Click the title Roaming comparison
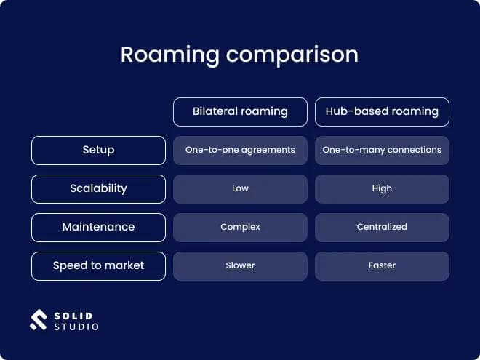point(239,55)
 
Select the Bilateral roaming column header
point(240,111)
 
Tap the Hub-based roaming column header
point(382,111)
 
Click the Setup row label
point(98,150)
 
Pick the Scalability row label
point(98,188)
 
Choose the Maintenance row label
point(98,227)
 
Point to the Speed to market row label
point(98,265)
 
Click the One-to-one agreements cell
point(240,150)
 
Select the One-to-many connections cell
point(382,150)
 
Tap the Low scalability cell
point(240,188)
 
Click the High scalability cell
point(382,188)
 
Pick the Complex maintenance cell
point(240,227)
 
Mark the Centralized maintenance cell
point(382,227)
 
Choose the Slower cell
point(240,265)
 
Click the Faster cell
point(382,265)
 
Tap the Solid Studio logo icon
point(38,320)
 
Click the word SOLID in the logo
point(73,314)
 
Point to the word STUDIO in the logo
point(76,327)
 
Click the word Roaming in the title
point(169,55)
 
